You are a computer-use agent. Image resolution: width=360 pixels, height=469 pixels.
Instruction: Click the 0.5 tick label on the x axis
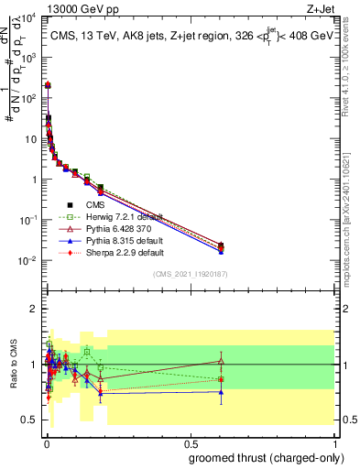190,442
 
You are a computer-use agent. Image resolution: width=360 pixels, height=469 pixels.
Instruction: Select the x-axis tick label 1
336,442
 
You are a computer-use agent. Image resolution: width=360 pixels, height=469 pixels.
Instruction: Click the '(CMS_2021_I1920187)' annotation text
190,275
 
